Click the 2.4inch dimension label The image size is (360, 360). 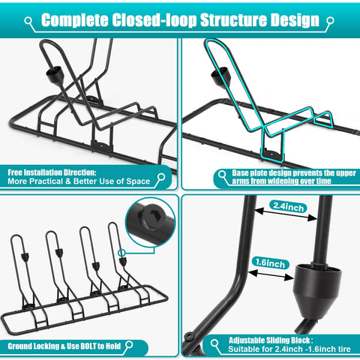pyautogui.click(x=288, y=207)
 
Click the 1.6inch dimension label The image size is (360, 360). pyautogui.click(x=271, y=263)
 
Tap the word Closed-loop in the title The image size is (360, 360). pyautogui.click(x=154, y=20)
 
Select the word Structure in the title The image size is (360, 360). pyautogui.click(x=234, y=19)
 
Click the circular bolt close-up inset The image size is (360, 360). pyautogui.click(x=151, y=223)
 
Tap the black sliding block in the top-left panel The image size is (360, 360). pyautogui.click(x=55, y=74)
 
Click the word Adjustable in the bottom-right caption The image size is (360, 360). pyautogui.click(x=247, y=340)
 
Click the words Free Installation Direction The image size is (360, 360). pyautogui.click(x=52, y=172)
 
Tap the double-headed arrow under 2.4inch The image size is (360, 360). pyautogui.click(x=286, y=214)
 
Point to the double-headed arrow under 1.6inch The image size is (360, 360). pyautogui.click(x=271, y=275)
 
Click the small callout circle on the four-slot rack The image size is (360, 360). pyautogui.click(x=121, y=253)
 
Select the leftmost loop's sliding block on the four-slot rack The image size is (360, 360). pyautogui.click(x=25, y=256)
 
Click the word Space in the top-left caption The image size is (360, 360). pyautogui.click(x=138, y=181)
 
